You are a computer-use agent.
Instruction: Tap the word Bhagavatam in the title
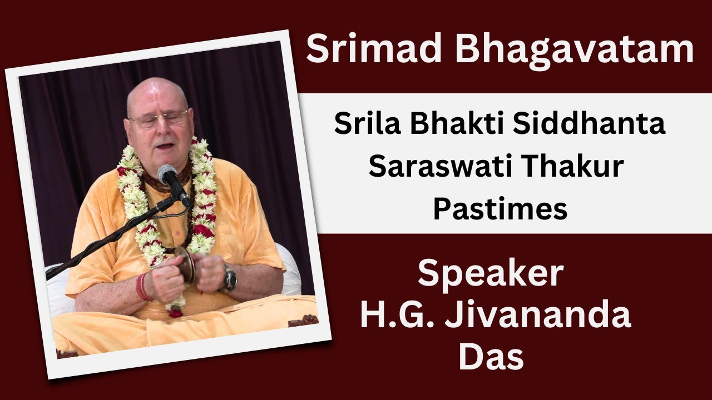pyautogui.click(x=574, y=50)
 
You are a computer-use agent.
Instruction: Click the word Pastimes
pyautogui.click(x=500, y=209)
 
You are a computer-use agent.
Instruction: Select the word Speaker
pyautogui.click(x=491, y=274)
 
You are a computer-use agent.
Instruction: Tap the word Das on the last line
pyautogui.click(x=491, y=357)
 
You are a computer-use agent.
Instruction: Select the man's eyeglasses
pyautogui.click(x=159, y=118)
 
